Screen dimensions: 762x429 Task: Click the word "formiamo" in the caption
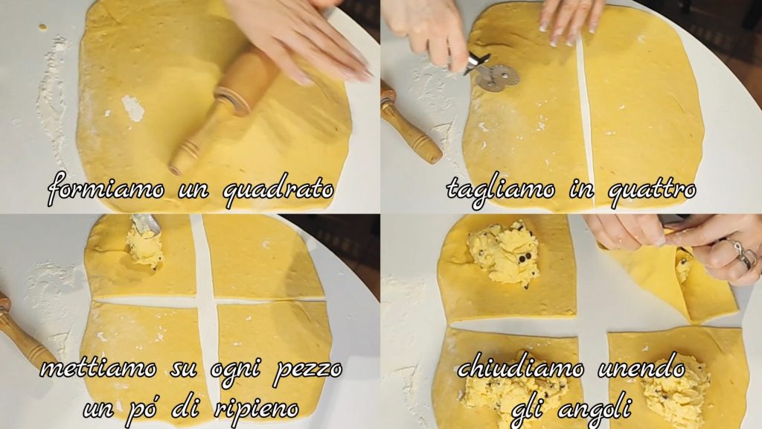click(x=106, y=188)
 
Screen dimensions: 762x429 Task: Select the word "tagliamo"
click(x=501, y=190)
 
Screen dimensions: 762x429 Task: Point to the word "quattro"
click(x=652, y=190)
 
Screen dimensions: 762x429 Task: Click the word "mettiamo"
click(x=98, y=368)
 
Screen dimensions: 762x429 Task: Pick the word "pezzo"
click(x=307, y=370)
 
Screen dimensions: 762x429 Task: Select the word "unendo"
click(x=641, y=368)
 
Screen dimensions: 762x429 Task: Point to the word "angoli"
click(x=595, y=410)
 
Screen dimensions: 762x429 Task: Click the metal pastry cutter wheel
click(x=496, y=77)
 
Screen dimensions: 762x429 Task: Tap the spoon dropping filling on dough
click(x=146, y=225)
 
